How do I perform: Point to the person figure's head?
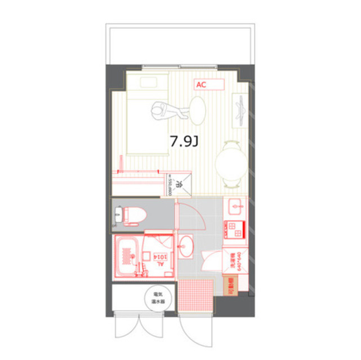click(x=159, y=108)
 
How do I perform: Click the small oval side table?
click(x=198, y=109)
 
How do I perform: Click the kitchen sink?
click(x=234, y=208)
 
